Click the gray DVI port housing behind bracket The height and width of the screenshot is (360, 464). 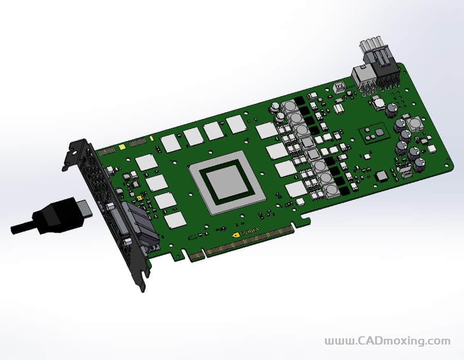tap(135, 222)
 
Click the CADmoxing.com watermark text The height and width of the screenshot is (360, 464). tap(387, 341)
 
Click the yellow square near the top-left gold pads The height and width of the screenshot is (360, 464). tap(122, 148)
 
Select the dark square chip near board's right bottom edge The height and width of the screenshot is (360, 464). tap(382, 176)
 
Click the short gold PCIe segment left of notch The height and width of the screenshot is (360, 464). tap(195, 255)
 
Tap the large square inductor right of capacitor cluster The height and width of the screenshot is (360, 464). tap(414, 125)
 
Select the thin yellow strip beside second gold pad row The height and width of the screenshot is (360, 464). tap(151, 139)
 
